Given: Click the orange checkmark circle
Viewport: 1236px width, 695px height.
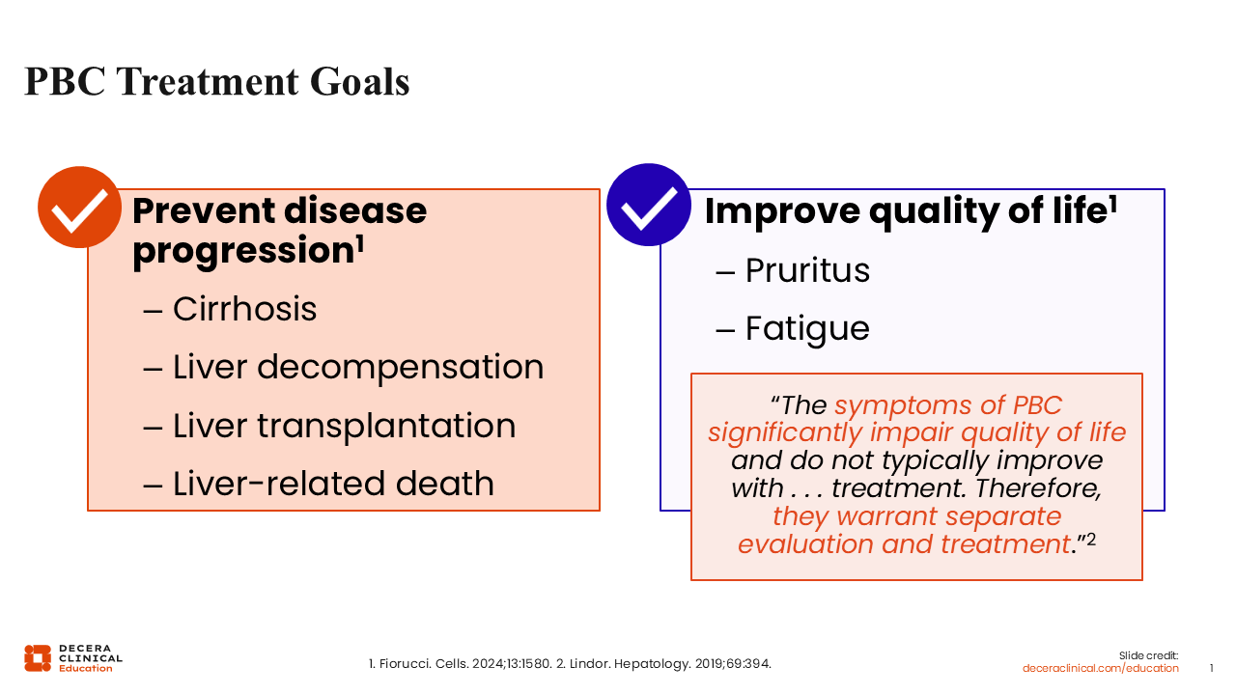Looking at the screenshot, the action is point(79,208).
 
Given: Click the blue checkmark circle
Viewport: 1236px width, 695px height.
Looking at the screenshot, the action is point(648,205).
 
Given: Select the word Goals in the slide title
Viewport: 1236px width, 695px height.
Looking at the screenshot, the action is point(360,82).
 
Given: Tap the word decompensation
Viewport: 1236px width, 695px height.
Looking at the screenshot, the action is point(400,368).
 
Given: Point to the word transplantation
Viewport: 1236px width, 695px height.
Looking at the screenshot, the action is point(386,426).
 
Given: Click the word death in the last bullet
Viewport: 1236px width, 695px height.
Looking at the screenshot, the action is point(444,484).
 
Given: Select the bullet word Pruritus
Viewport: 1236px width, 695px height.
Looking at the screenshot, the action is point(807,270).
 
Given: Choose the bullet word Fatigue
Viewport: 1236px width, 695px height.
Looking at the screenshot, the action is point(807,330).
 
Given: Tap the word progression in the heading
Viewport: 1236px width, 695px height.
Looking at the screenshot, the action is point(242,251).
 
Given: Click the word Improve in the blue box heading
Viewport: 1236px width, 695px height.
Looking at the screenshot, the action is point(782,211).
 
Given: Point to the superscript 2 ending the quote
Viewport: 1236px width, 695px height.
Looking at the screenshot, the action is point(1090,539).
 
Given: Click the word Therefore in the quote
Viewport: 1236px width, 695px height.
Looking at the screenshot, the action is point(1038,488).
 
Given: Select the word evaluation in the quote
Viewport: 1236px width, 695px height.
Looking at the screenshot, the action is point(805,544).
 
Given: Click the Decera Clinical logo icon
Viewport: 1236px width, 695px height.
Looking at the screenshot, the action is point(38,658).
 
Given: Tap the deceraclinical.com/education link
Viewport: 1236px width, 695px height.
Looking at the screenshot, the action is point(1100,668).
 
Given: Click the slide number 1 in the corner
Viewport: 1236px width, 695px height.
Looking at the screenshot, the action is point(1211,668).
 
